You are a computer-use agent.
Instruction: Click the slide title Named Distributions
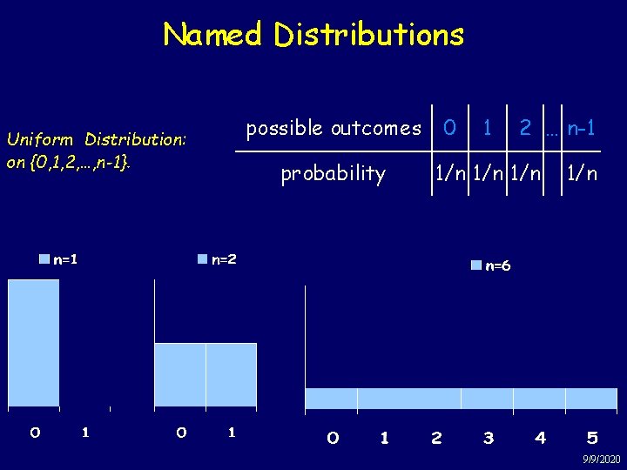(x=313, y=35)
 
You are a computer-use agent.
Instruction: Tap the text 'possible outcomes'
(x=334, y=129)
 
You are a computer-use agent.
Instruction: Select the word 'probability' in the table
(x=333, y=174)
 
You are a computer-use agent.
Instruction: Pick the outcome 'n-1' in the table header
(x=581, y=128)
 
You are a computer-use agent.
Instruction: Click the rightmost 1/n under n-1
(x=582, y=174)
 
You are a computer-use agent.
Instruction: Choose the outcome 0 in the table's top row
(x=449, y=128)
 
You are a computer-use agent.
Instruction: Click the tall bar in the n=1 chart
(x=34, y=343)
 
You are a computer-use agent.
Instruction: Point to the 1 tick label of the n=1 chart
(x=84, y=432)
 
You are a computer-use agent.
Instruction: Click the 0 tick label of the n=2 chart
(x=180, y=432)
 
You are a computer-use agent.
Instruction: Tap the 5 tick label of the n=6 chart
(x=592, y=438)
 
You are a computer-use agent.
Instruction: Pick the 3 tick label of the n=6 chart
(x=489, y=438)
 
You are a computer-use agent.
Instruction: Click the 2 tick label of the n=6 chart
(x=436, y=438)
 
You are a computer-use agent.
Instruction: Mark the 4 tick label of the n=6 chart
(x=541, y=438)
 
